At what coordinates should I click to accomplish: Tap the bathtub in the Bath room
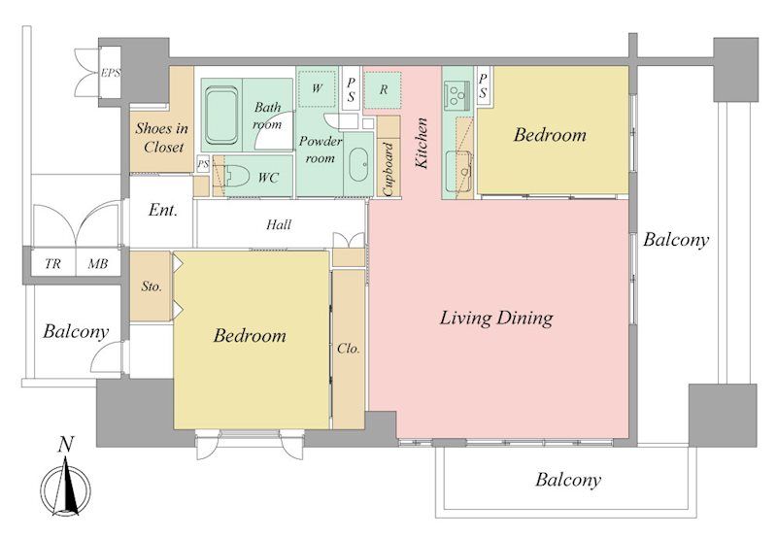[x=221, y=115]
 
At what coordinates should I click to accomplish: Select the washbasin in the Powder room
[x=358, y=164]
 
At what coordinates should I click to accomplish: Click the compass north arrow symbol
[x=66, y=489]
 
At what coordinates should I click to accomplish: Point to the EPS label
[x=111, y=73]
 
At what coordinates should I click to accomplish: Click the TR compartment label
[x=52, y=264]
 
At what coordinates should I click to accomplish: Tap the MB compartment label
[x=98, y=264]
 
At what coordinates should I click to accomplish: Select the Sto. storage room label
[x=152, y=286]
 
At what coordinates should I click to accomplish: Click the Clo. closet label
[x=349, y=349]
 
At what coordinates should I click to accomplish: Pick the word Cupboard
[x=388, y=169]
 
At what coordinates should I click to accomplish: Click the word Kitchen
[x=421, y=143]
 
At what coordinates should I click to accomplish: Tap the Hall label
[x=279, y=225]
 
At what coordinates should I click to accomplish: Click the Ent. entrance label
[x=162, y=210]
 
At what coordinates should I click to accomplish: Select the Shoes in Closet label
[x=162, y=138]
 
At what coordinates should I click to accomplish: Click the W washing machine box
[x=318, y=89]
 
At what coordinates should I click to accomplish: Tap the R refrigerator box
[x=383, y=90]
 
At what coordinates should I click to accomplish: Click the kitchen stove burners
[x=458, y=95]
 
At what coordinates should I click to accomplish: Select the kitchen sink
[x=458, y=171]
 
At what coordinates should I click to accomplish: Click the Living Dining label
[x=496, y=318]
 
